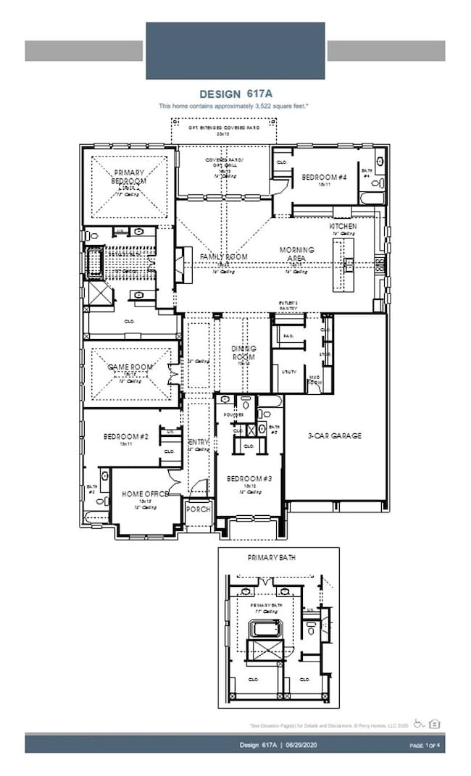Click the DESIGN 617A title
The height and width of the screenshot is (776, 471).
pos(234,94)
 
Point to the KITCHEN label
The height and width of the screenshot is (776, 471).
pos(343,226)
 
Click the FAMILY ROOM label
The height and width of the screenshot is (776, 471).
pos(224,256)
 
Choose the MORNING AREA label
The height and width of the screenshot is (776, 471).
pos(297,254)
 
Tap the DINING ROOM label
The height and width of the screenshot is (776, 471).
pos(243,353)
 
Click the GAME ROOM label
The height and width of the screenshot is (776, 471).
pos(130,367)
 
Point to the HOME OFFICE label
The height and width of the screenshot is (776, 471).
pos(145,493)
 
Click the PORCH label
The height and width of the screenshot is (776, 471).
pos(198,509)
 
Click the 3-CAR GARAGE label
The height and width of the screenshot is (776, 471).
pos(334,436)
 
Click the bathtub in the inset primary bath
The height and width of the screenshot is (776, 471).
pos(264,628)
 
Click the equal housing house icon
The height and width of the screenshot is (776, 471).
pos(435,723)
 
